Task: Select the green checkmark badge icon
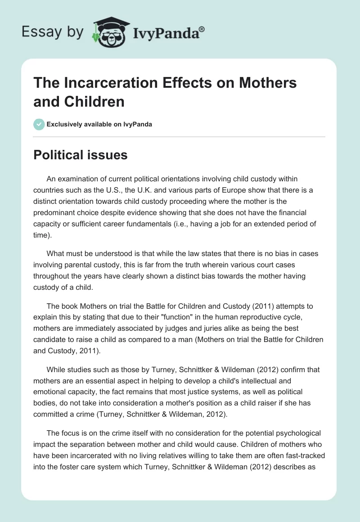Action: tap(39, 124)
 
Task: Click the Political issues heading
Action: tap(81, 155)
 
